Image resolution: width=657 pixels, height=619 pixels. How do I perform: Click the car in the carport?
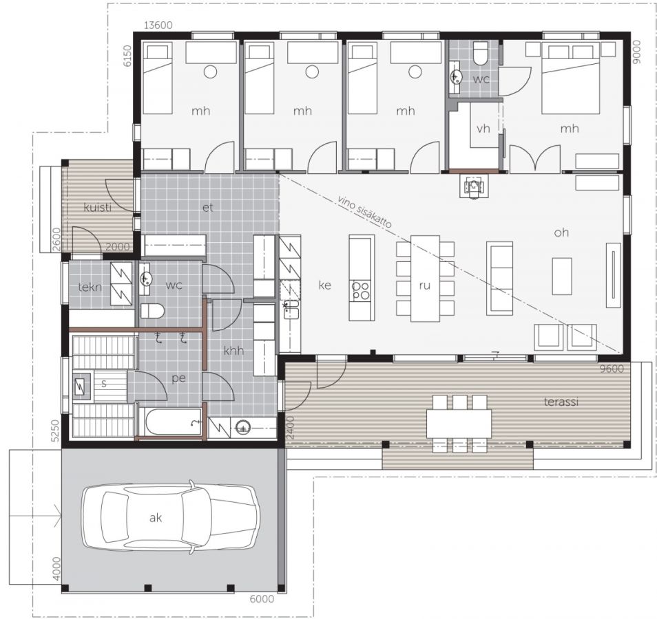(169, 517)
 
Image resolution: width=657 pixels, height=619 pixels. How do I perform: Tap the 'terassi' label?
(561, 402)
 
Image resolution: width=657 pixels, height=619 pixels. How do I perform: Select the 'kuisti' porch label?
(98, 207)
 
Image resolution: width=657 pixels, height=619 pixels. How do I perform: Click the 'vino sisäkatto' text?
(365, 211)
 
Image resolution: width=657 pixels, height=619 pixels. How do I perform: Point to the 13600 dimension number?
(158, 25)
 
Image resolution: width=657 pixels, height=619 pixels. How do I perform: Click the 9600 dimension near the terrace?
(612, 369)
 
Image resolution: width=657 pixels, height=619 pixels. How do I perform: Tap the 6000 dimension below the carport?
(262, 599)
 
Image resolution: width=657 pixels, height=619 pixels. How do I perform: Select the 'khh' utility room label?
(233, 351)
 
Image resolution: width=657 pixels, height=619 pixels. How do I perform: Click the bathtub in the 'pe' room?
(173, 422)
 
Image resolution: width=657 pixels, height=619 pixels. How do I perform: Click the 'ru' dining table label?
(424, 285)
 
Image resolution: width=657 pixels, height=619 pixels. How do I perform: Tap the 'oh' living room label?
(561, 232)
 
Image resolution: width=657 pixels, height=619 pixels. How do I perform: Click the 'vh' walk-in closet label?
(483, 128)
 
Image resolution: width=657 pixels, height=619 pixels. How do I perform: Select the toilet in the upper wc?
(480, 53)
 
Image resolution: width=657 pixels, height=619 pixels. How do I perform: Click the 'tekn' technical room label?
(90, 287)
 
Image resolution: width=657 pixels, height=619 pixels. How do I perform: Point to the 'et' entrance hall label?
(208, 207)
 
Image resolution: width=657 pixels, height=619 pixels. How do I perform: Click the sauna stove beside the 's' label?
(81, 385)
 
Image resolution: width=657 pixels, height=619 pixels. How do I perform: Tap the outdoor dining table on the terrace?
(459, 424)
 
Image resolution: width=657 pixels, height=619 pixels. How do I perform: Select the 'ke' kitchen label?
(325, 285)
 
